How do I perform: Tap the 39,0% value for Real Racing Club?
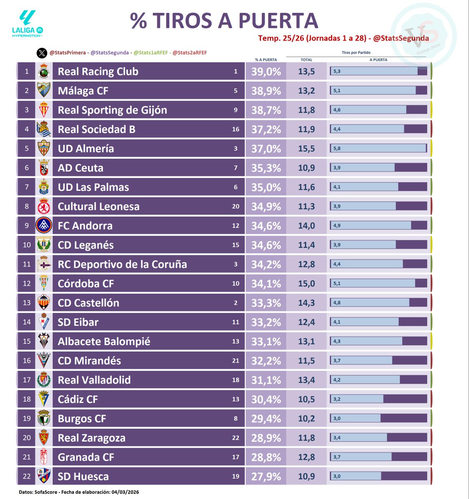point(266,72)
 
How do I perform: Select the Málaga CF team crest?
point(43,91)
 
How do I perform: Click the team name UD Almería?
point(86,149)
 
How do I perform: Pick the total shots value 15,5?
point(306,149)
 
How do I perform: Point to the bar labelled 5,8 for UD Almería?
point(378,148)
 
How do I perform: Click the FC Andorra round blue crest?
point(43,226)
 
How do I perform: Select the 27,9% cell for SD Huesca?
point(266,477)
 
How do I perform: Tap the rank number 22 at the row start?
point(27,477)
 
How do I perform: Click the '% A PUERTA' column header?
point(266,60)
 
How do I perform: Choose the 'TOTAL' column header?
point(306,60)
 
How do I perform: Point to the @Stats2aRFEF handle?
point(190,53)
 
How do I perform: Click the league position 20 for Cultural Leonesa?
point(235,207)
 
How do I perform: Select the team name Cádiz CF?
point(78,400)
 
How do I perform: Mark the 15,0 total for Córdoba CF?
point(306,284)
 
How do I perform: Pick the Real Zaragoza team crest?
point(43,438)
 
